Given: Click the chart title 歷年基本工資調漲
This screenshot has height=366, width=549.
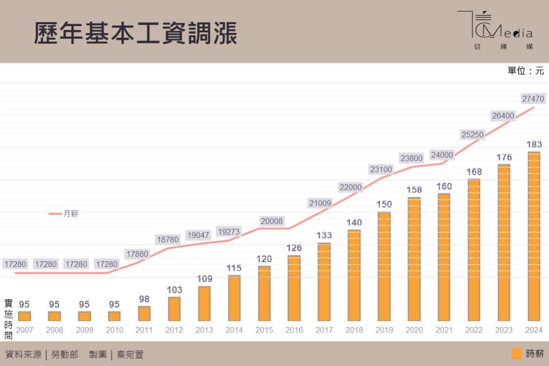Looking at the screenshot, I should point(135,34).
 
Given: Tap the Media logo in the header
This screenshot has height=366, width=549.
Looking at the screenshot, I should point(495,30).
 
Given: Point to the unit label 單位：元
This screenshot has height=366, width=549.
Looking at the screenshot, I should point(525,71).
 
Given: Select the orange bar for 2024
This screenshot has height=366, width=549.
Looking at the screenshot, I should point(534,237).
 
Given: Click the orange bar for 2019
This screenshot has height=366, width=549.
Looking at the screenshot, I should point(384,267).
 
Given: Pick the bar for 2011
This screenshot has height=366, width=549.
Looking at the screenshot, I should point(144,314).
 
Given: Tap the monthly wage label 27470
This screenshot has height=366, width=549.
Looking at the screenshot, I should point(533,99).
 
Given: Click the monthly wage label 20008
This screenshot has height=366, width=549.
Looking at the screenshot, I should point(271,221).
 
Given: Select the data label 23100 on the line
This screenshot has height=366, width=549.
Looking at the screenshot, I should point(381,169).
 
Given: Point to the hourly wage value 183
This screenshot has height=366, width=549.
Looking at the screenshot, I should point(534,144).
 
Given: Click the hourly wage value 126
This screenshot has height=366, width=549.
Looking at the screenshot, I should point(294,248).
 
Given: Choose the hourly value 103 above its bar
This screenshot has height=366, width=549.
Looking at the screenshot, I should point(174,290).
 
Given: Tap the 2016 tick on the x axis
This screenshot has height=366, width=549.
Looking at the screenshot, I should point(294,330).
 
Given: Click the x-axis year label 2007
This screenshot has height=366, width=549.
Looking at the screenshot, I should point(24,330).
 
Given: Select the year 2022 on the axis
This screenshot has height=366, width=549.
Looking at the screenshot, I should point(474,330).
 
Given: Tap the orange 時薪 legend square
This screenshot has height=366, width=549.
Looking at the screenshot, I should point(517,354).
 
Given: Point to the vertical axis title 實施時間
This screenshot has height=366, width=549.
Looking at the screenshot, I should point(8,319).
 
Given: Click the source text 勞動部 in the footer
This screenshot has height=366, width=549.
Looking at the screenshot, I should point(64,355).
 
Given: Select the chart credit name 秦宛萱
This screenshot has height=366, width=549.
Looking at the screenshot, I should point(130,355).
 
